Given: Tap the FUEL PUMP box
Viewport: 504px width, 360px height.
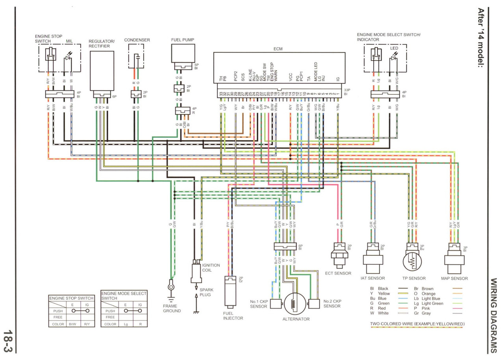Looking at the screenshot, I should click(183, 53).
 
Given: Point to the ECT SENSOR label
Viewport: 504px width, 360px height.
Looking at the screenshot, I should click(338, 273).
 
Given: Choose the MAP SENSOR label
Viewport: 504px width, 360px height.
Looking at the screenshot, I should click(455, 279).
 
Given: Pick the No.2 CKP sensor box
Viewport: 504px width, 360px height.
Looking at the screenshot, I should click(314, 304).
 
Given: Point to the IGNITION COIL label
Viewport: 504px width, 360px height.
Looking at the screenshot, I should click(211, 268).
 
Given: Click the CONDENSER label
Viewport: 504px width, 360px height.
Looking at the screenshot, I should click(137, 40).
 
